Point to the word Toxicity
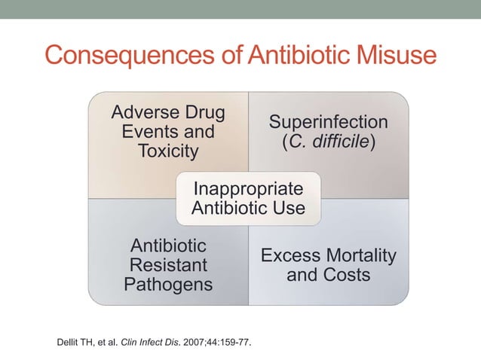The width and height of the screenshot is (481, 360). [169, 151]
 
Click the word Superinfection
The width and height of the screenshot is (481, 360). [328, 122]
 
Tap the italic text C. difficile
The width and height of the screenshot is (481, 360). [328, 142]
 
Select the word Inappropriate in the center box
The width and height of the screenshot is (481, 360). [248, 188]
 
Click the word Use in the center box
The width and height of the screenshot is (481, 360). [290, 207]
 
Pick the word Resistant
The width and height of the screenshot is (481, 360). [169, 265]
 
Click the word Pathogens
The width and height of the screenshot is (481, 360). [169, 284]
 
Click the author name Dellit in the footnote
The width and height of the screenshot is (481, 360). [68, 343]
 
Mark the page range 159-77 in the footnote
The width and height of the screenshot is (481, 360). [233, 343]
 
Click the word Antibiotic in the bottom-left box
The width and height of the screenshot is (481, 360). [169, 246]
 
